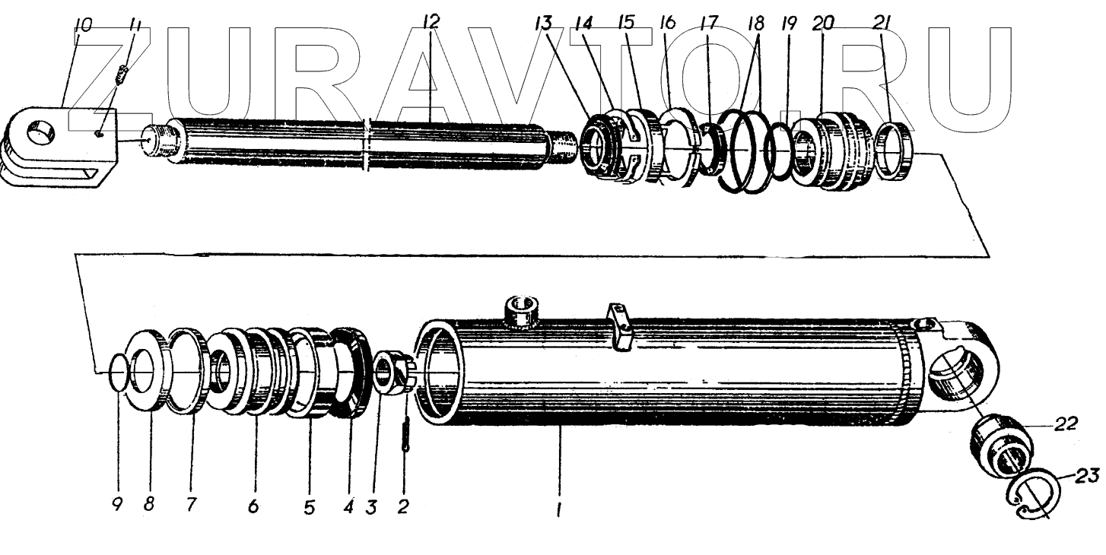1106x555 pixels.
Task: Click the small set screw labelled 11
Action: pyautogui.click(x=126, y=76)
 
